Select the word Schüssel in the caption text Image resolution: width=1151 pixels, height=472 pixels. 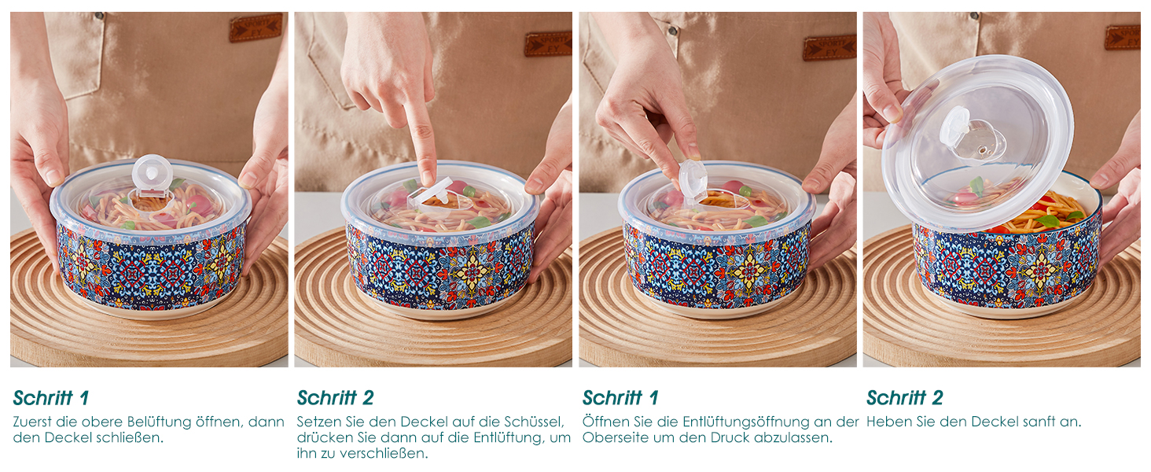point(534,422)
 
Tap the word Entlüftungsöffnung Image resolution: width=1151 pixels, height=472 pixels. point(746,422)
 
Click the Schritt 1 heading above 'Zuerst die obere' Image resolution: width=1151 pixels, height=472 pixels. point(51,398)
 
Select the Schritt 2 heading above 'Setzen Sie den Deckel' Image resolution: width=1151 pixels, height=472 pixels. point(336,398)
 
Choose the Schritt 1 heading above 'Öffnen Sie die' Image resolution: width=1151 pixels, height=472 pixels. point(620,398)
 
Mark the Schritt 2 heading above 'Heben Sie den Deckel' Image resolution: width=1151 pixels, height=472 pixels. point(905,398)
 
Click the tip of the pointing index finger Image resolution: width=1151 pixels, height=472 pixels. point(428,181)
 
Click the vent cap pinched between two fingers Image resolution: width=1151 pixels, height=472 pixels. point(693,180)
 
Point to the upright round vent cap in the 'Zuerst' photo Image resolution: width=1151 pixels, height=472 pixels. point(152,172)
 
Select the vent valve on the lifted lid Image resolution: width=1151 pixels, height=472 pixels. point(971,136)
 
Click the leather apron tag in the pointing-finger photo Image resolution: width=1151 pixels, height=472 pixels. point(548,44)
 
